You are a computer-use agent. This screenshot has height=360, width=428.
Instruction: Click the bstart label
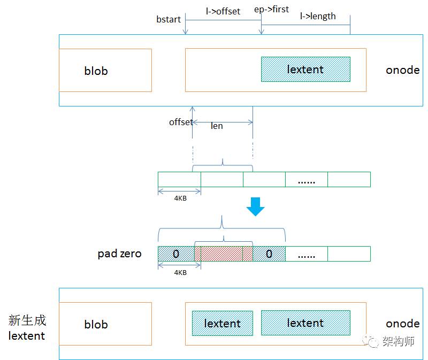pos(169,19)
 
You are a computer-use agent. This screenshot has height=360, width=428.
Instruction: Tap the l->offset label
pos(223,11)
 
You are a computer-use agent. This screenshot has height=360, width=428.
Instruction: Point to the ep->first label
pos(271,10)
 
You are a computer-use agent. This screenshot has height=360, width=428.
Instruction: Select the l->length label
pos(318,17)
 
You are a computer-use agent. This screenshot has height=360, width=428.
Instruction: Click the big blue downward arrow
pos(256,206)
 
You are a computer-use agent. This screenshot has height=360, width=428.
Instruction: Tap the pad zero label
pos(119,254)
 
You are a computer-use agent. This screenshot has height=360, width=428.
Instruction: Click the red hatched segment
pos(224,254)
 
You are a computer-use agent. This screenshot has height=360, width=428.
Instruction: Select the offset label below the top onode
pos(181,122)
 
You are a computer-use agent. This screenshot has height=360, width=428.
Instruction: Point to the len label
pos(217,126)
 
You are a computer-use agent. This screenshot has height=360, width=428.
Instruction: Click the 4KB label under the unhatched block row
pos(180,198)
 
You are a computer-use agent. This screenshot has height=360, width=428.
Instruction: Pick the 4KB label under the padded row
pos(180,272)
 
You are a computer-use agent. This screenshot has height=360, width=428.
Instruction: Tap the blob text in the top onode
pos(96,71)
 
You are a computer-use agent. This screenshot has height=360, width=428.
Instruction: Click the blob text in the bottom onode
pos(96,325)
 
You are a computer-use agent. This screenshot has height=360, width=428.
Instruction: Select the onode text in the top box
pos(403,70)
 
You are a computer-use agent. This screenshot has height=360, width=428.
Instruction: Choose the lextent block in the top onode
pos(305,70)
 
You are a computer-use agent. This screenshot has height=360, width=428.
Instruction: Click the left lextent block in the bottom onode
pos(223,324)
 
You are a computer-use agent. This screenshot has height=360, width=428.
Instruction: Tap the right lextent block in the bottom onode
pos(305,323)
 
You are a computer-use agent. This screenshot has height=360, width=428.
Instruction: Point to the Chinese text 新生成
pos(27,320)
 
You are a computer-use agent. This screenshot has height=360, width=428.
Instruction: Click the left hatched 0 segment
pos(177,254)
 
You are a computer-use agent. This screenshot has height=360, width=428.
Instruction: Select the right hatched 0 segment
pos(269,254)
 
